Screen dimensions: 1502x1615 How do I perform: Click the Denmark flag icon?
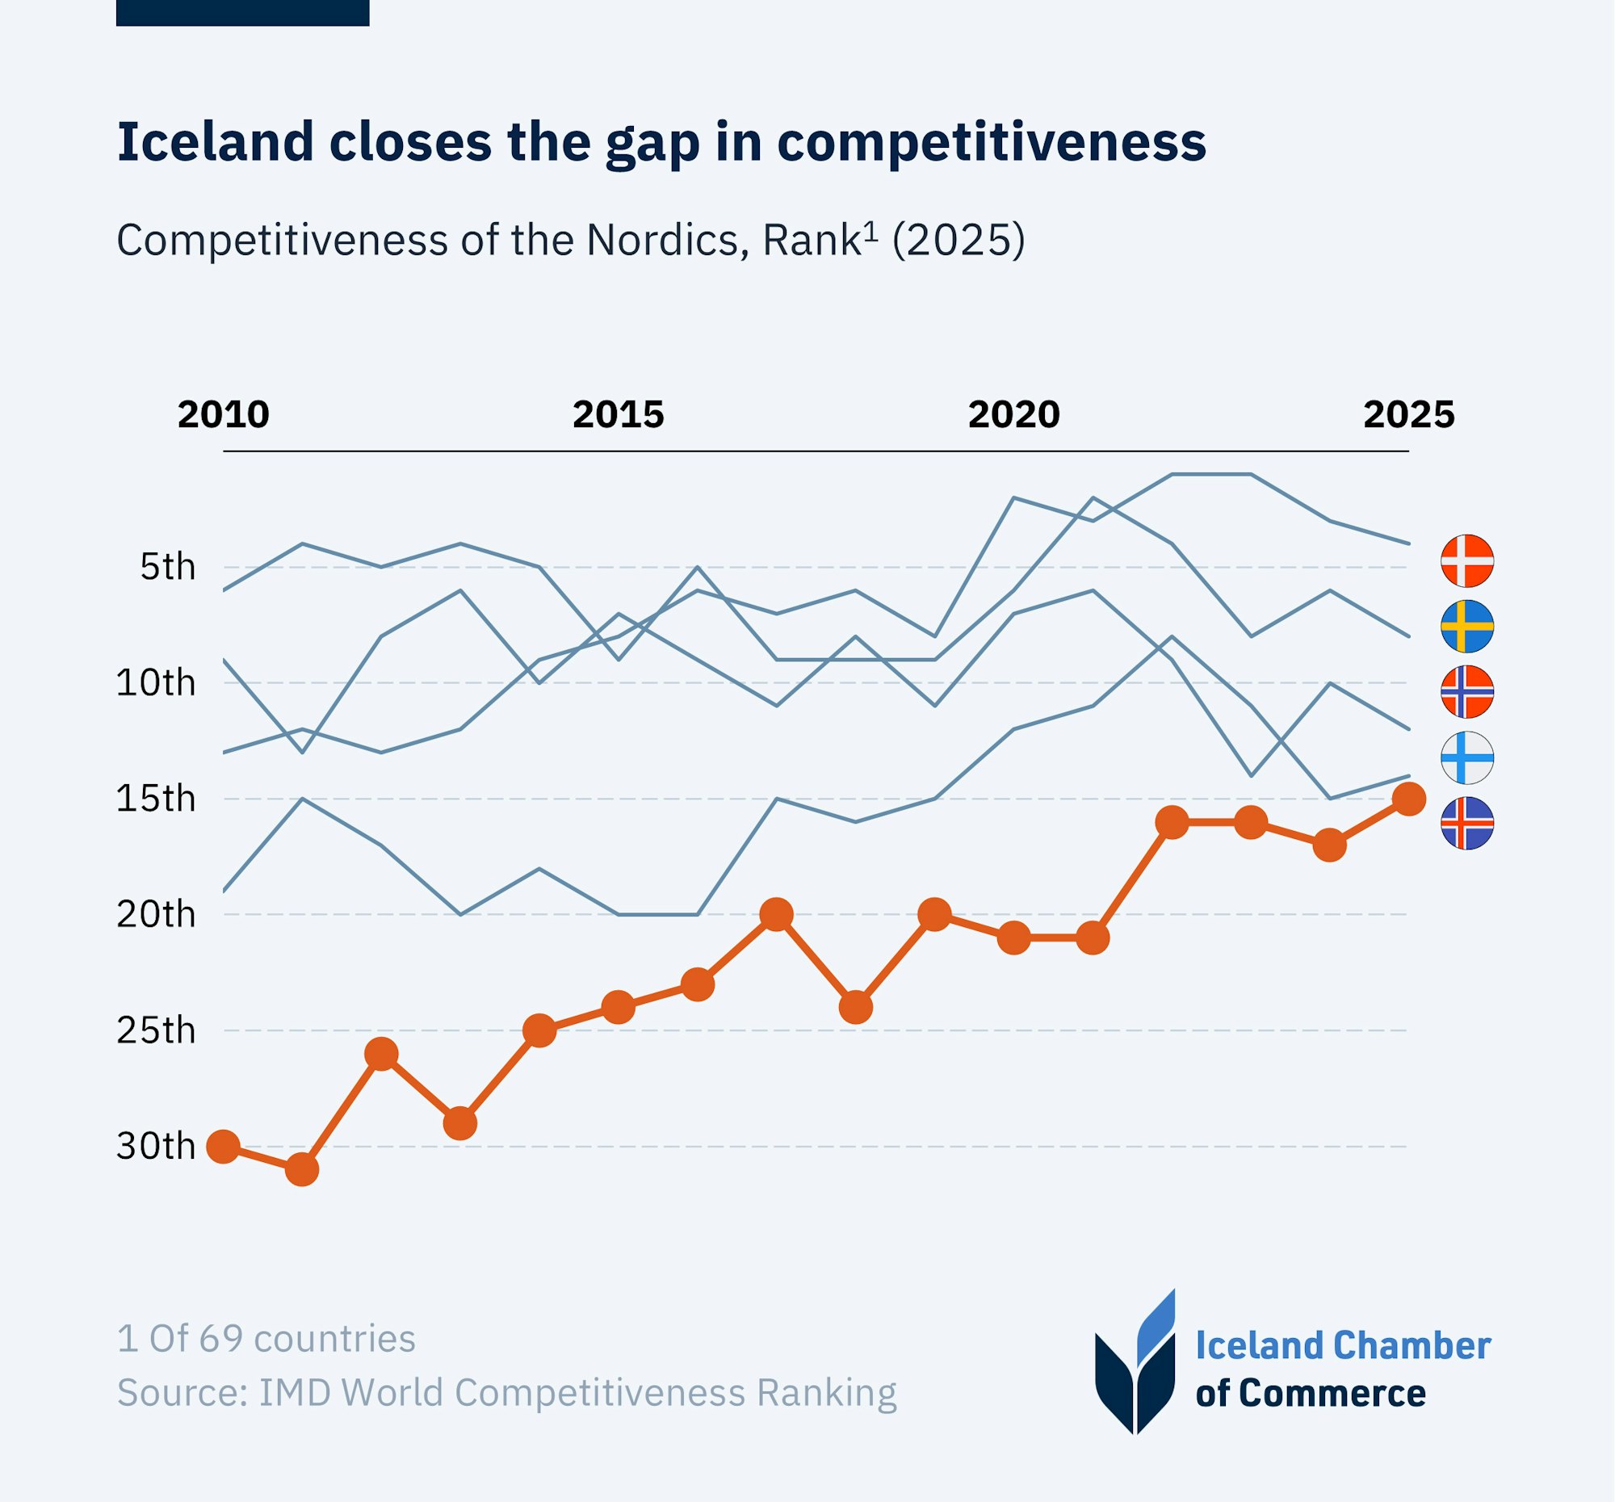click(x=1467, y=560)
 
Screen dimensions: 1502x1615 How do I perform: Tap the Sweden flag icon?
click(x=1467, y=627)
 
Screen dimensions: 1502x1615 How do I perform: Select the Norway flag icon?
click(x=1467, y=692)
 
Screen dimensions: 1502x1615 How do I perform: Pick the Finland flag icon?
click(x=1467, y=758)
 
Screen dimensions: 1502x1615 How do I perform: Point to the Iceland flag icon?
click(x=1467, y=824)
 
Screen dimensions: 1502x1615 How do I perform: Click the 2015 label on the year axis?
click(x=619, y=415)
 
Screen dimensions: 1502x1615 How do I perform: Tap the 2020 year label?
click(x=1014, y=415)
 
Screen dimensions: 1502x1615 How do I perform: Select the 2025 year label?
click(x=1408, y=415)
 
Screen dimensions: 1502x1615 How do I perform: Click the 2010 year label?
click(x=224, y=415)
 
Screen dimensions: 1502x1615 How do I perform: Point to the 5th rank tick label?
click(x=168, y=567)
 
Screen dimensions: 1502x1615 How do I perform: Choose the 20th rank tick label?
click(x=156, y=916)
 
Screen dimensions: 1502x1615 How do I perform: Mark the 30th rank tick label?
click(x=156, y=1147)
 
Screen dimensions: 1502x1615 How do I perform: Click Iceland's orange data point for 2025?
click(x=1408, y=799)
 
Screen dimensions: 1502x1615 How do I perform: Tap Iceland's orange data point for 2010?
click(x=224, y=1147)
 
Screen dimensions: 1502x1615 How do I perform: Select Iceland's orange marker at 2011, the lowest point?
click(x=302, y=1170)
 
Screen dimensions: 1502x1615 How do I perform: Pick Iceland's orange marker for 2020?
click(x=1014, y=938)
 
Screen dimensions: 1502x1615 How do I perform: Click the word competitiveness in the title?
click(x=991, y=142)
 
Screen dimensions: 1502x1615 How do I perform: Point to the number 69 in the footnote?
click(x=221, y=1339)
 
